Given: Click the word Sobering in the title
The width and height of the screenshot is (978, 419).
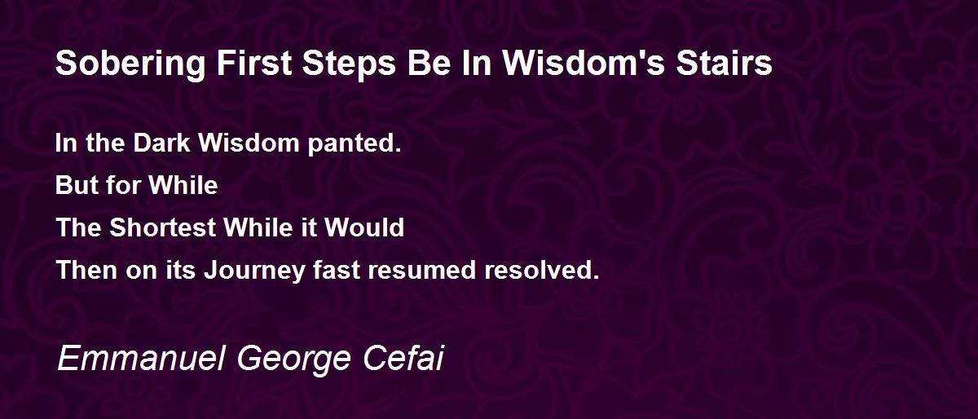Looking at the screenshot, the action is tap(130, 64).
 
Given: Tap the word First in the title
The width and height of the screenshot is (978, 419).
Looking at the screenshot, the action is tap(254, 63).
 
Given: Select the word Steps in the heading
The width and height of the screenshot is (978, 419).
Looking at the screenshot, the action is tap(350, 64).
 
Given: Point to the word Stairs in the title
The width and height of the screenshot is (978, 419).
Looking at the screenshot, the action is tap(725, 63).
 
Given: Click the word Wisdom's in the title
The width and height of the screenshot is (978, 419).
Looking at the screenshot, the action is tap(584, 63).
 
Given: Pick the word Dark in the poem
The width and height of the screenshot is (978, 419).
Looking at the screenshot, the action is tap(161, 143).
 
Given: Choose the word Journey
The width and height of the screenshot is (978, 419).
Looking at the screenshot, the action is tap(254, 271).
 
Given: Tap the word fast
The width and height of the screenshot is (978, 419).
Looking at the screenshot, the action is tap(336, 270).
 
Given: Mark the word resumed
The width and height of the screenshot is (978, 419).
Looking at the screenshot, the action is tap(421, 270).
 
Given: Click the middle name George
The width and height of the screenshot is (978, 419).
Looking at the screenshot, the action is tap(294, 360).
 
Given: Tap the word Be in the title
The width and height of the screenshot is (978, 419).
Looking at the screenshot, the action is tap(429, 63).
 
